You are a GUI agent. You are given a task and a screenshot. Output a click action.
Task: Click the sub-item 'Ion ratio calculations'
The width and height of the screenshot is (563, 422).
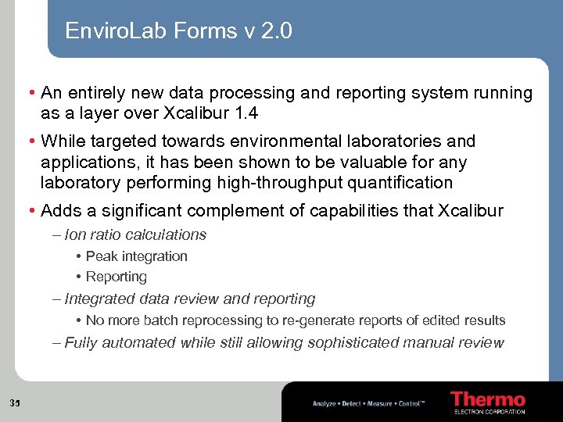click(135, 234)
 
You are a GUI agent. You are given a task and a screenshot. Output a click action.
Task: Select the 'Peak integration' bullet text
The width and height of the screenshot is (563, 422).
click(136, 256)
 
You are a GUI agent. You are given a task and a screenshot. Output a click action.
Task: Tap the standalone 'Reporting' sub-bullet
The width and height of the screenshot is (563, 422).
click(116, 277)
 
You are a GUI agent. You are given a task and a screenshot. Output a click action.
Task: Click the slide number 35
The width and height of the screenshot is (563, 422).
click(15, 403)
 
